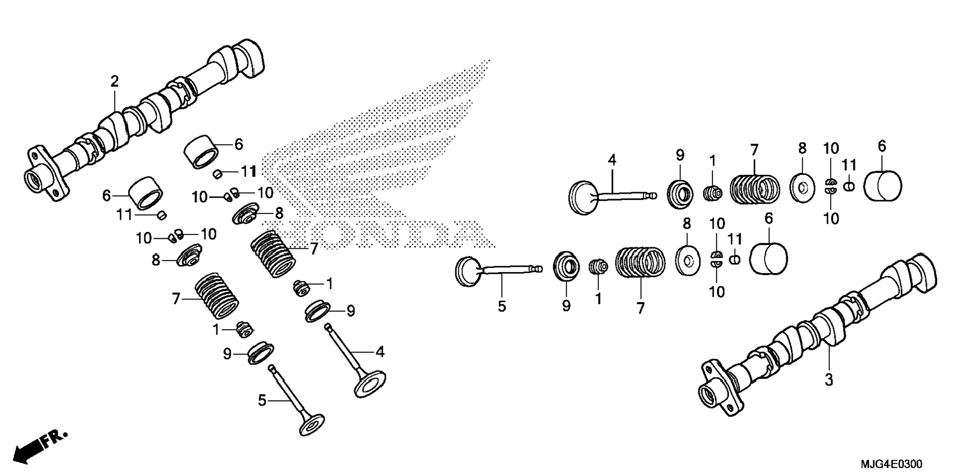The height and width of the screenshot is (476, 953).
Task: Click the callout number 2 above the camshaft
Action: (114, 81)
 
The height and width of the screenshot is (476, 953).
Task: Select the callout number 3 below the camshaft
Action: (829, 380)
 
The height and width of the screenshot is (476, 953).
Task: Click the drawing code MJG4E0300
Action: (891, 464)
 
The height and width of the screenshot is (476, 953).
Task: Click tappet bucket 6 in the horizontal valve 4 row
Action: (883, 186)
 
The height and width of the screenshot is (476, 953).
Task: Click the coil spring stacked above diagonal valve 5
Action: (217, 295)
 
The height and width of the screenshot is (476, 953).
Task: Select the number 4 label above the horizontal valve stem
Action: (612, 160)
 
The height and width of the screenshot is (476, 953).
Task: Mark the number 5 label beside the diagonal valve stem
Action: (262, 401)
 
